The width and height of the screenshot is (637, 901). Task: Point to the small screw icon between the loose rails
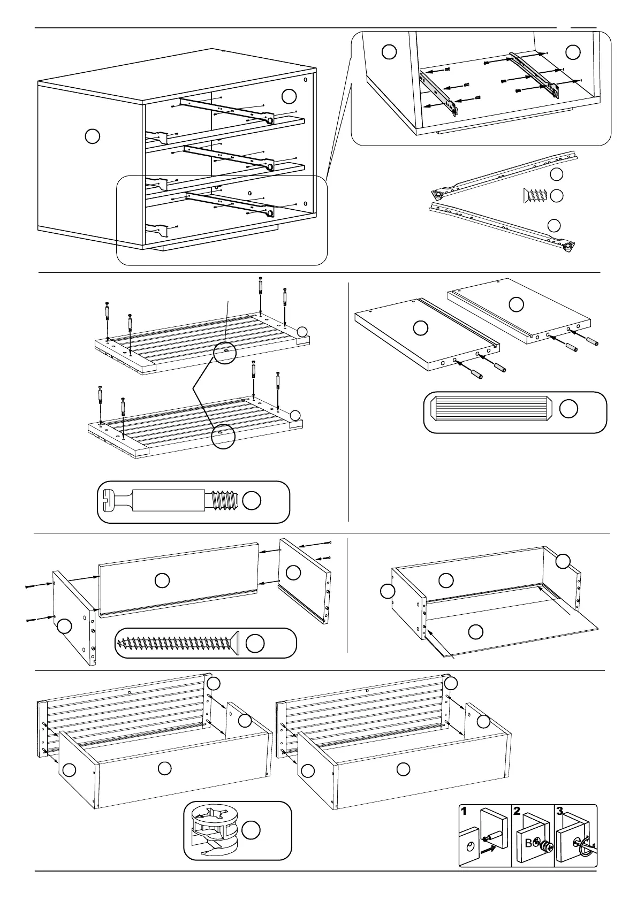(x=532, y=196)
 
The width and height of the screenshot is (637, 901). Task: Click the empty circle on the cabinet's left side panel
(x=92, y=136)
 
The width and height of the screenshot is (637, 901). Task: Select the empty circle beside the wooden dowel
(x=568, y=409)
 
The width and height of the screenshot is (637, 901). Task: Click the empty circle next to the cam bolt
(x=252, y=500)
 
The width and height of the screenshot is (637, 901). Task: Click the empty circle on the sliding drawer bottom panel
(x=475, y=632)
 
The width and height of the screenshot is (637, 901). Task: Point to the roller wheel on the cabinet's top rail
(x=270, y=121)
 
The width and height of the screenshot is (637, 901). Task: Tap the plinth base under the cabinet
(x=219, y=242)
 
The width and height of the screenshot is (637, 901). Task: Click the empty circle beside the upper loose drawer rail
(x=557, y=174)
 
